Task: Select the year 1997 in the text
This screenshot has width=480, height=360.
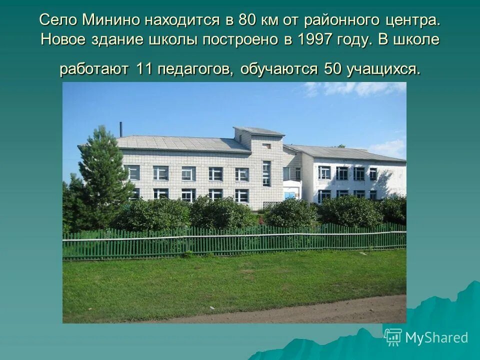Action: click(314, 40)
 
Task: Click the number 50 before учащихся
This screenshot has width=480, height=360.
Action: click(332, 69)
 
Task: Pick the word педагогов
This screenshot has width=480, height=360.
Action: click(195, 69)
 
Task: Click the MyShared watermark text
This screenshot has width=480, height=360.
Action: click(436, 337)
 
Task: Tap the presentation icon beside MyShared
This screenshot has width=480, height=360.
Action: click(393, 337)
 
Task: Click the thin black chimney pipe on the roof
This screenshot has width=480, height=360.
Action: click(120, 129)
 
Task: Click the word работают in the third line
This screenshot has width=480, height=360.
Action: click(94, 69)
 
